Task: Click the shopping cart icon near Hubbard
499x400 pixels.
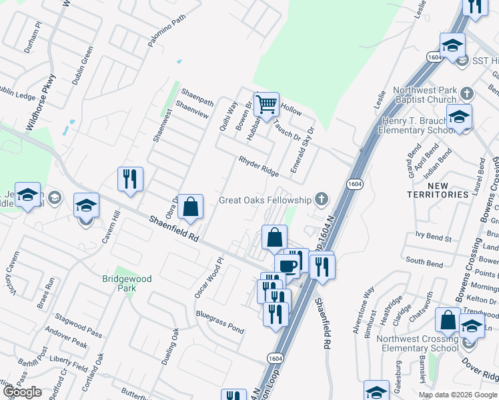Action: pos(266,103)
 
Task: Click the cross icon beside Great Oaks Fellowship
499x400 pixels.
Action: pos(322,199)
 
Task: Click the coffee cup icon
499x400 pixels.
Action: pos(288,266)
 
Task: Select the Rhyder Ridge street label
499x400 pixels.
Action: pos(259,167)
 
